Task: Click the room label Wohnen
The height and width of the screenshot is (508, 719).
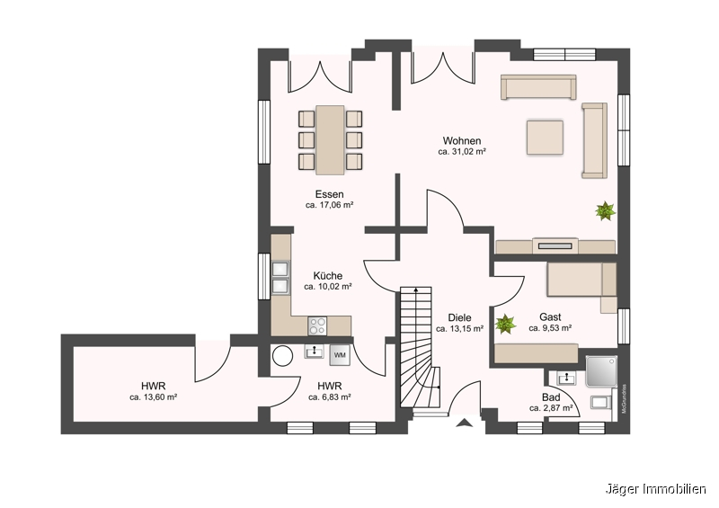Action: pyautogui.click(x=462, y=141)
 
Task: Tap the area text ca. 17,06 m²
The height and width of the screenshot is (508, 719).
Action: pyautogui.click(x=329, y=206)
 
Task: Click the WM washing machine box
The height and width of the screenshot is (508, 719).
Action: pyautogui.click(x=340, y=354)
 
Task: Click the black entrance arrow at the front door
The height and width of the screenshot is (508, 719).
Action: pyautogui.click(x=464, y=422)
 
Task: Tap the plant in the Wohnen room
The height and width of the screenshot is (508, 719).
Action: pyautogui.click(x=605, y=211)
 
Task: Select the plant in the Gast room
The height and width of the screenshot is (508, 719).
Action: pyautogui.click(x=505, y=322)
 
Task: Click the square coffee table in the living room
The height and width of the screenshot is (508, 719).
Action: pyautogui.click(x=546, y=138)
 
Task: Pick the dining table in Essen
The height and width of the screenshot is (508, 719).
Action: pyautogui.click(x=330, y=138)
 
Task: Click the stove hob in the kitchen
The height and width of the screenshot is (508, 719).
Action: pyautogui.click(x=318, y=325)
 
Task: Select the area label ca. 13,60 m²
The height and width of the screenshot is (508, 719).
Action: pyautogui.click(x=153, y=397)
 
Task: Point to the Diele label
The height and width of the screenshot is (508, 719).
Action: pyautogui.click(x=459, y=317)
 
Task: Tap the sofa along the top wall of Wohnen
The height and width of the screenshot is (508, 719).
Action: pyautogui.click(x=538, y=88)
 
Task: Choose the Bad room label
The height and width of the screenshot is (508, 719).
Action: pyautogui.click(x=551, y=397)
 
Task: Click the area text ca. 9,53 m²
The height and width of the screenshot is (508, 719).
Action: pyautogui.click(x=551, y=329)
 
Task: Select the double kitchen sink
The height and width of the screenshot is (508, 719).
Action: pyautogui.click(x=280, y=277)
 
